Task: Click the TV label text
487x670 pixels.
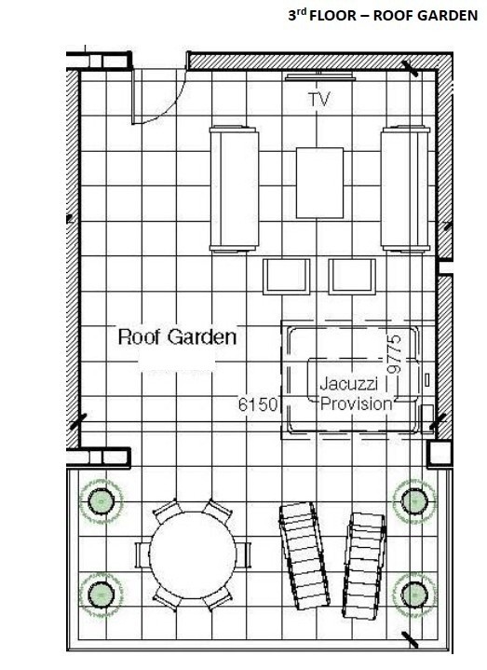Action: [x=319, y=99]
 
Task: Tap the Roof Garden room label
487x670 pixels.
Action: [x=177, y=336]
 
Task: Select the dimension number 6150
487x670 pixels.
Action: [x=258, y=404]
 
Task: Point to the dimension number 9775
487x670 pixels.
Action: [x=395, y=354]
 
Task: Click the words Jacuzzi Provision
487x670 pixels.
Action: [x=356, y=393]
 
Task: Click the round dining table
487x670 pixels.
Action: [x=193, y=554]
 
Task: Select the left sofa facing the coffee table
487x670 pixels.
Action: [x=234, y=188]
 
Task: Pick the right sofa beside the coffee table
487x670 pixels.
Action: [x=405, y=188]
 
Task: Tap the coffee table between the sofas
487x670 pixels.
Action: [x=319, y=183]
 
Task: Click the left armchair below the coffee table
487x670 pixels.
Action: [x=287, y=277]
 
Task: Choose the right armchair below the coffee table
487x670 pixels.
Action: [x=352, y=277]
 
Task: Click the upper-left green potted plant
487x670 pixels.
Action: [x=101, y=501]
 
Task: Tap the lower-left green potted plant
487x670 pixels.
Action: [x=101, y=595]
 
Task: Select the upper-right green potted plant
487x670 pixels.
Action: [x=414, y=501]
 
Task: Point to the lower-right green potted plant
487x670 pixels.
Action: [x=414, y=595]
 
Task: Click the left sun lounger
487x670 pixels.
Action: [x=304, y=554]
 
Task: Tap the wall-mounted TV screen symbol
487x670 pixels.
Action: [x=319, y=77]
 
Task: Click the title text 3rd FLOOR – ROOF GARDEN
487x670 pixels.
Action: [x=383, y=15]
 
